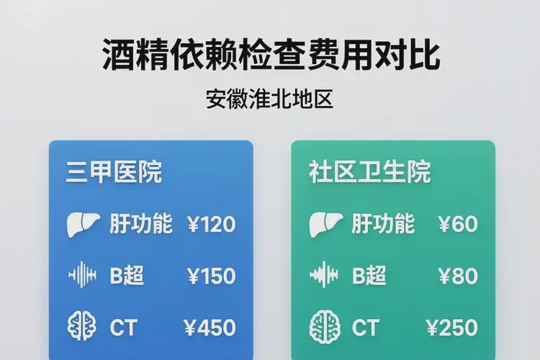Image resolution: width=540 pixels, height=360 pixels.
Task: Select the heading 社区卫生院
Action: click(369, 173)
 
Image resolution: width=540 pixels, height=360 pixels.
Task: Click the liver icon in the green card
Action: click(323, 224)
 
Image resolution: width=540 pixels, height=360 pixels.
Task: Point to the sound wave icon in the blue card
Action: click(81, 275)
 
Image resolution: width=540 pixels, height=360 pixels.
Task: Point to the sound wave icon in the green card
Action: click(323, 275)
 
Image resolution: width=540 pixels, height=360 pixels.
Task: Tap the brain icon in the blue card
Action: click(81, 327)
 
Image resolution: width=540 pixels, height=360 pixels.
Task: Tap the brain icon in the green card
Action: click(323, 327)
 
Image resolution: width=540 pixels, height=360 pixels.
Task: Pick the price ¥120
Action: click(210, 225)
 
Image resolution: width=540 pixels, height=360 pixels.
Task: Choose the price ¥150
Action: click(210, 276)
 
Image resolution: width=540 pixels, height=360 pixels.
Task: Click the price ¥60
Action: click(457, 225)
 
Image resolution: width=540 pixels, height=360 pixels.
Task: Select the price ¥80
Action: click(457, 276)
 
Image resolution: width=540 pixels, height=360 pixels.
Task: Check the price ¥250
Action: click(452, 328)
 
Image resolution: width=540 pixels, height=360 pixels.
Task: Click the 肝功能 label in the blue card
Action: click(141, 224)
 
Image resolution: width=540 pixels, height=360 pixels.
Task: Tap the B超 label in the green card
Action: click(369, 276)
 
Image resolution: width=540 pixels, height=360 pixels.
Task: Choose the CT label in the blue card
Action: click(123, 328)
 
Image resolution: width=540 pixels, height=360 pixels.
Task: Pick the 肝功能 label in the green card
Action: click(383, 224)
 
